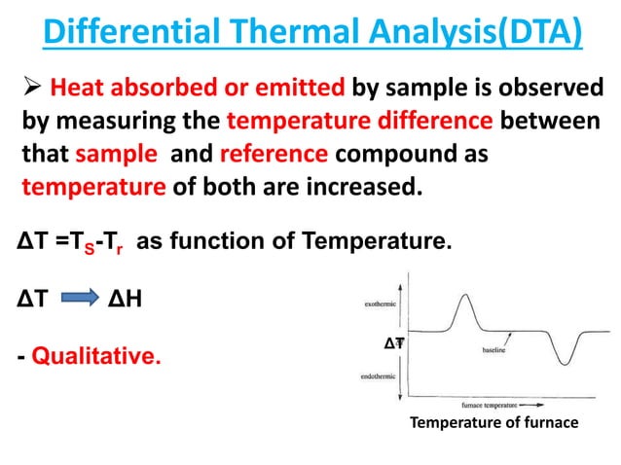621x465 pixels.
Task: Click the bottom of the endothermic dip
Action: [x=566, y=365]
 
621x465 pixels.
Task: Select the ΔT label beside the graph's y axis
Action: [x=394, y=342]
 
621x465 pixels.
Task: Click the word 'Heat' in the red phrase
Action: [x=74, y=89]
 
